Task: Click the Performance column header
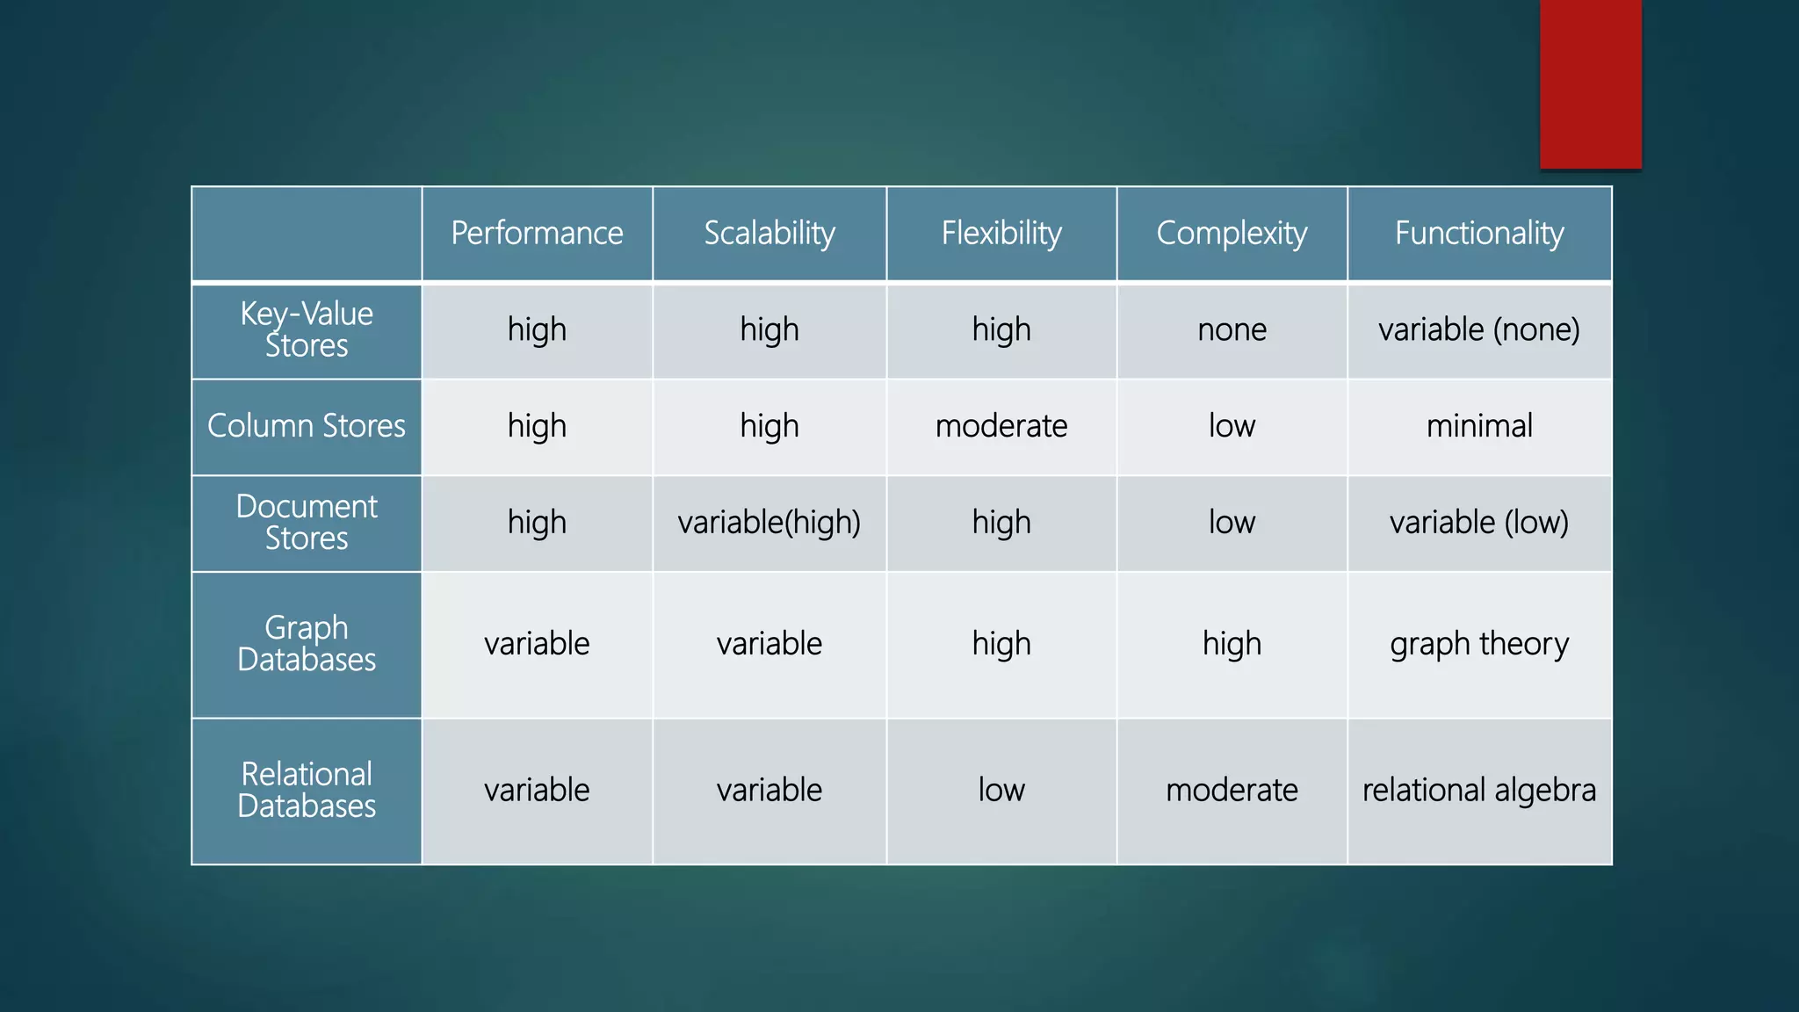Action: (x=537, y=234)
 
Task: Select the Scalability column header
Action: (x=769, y=234)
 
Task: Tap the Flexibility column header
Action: (x=1001, y=234)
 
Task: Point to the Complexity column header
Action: (x=1232, y=234)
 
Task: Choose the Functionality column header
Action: (x=1479, y=234)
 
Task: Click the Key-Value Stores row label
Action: (x=307, y=330)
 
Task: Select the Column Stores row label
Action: (x=307, y=426)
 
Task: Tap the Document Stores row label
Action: (x=307, y=523)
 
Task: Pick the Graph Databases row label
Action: (x=307, y=644)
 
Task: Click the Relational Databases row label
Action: (x=307, y=790)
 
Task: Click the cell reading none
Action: (x=1232, y=330)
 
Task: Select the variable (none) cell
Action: (x=1479, y=330)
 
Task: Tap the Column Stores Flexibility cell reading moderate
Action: (x=1001, y=426)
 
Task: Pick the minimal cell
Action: (x=1479, y=426)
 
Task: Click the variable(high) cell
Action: (x=769, y=523)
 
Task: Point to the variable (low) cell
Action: (x=1479, y=523)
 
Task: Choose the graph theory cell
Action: (x=1479, y=644)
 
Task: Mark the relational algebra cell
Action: (x=1479, y=790)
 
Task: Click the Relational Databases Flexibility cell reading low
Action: (x=1001, y=790)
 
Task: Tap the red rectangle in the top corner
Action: (x=1590, y=83)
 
